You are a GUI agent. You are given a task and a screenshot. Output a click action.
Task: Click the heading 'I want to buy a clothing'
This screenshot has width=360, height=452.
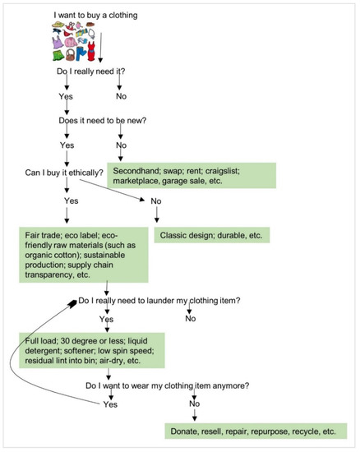pos(95,15)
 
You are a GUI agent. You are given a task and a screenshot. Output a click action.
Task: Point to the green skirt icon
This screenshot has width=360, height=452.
pos(58,56)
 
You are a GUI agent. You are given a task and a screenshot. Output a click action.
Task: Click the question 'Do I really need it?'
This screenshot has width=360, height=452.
pos(91,74)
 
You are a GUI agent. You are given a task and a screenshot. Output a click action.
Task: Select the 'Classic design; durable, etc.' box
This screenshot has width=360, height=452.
pos(210,235)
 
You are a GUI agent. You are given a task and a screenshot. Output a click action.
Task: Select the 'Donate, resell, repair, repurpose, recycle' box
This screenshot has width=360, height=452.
pos(256,431)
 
